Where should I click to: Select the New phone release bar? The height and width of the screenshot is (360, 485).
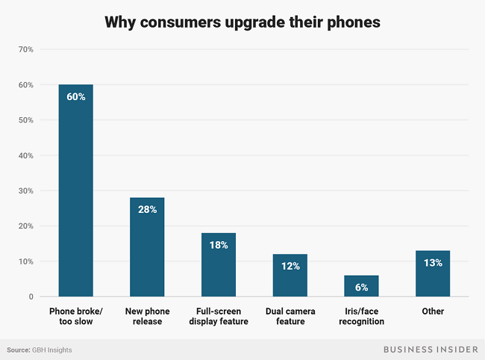click(147, 247)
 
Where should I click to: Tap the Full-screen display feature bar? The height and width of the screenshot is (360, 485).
click(219, 264)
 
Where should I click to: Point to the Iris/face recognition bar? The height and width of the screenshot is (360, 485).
click(361, 286)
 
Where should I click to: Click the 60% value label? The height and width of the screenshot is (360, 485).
click(75, 97)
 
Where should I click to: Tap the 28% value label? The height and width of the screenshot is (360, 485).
click(147, 210)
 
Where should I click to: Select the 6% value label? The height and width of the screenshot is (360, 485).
click(361, 288)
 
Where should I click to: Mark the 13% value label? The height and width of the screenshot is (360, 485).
click(433, 262)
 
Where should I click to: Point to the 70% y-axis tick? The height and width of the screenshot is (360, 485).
click(25, 49)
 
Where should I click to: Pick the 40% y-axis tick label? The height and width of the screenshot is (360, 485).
click(25, 155)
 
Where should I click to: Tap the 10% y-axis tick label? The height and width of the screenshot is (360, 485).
click(25, 261)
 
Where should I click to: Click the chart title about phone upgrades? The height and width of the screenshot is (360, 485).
click(242, 22)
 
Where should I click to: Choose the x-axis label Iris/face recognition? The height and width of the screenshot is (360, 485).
click(361, 316)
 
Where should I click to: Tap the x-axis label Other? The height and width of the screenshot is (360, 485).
click(433, 311)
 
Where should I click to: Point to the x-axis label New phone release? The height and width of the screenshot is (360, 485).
click(147, 316)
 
